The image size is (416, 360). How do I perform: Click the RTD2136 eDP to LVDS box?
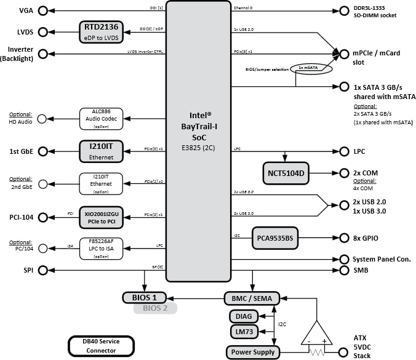pos(102,31)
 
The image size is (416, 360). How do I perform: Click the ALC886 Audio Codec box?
pos(102,118)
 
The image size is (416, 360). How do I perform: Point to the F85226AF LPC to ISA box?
pos(102,248)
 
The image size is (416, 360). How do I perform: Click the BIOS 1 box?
pos(145,298)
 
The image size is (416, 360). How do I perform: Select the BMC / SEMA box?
pos(252,298)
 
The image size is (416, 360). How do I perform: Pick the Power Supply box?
pos(252,353)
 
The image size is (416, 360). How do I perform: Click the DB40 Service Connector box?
pos(92,346)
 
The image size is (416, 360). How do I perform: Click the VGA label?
pos(26,11)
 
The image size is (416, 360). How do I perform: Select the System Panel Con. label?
pos(381,260)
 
